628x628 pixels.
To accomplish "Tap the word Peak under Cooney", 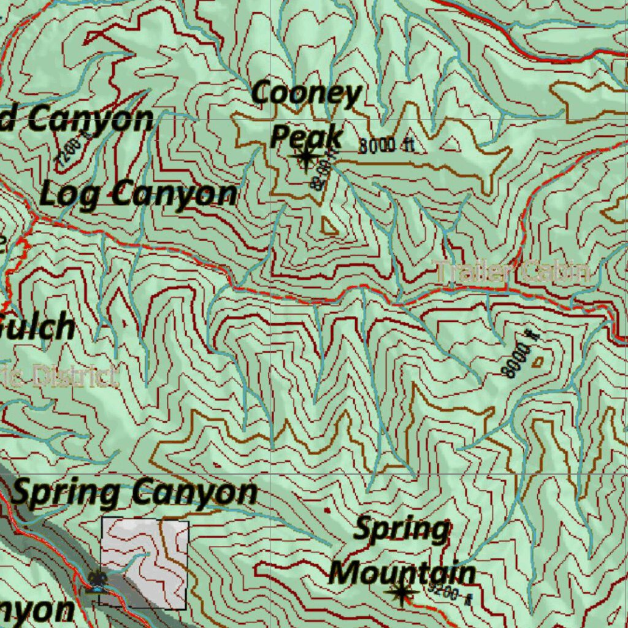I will (x=305, y=136).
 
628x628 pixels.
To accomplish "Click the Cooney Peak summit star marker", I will (x=305, y=158).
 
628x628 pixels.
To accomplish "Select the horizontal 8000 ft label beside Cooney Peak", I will (x=386, y=146).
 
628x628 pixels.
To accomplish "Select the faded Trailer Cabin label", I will (x=511, y=272).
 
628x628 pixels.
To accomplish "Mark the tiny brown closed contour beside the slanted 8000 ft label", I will (x=538, y=362).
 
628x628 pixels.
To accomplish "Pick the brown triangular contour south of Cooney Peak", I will (x=329, y=227).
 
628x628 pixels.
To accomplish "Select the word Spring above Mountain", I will (x=402, y=529).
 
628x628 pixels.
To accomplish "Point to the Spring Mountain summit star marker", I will (x=402, y=592).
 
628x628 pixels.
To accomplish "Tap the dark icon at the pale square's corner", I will (x=97, y=580).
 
